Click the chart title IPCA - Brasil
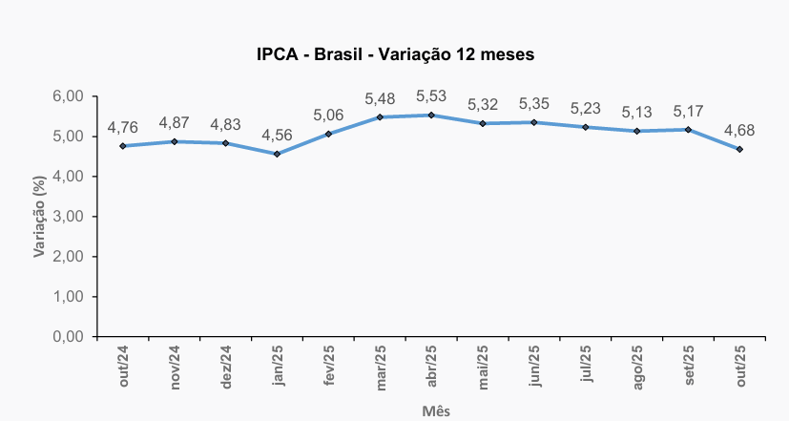[x=395, y=54]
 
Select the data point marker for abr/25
[x=431, y=116]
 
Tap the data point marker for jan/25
[x=277, y=154]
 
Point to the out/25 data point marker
[x=739, y=149]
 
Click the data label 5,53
[x=431, y=96]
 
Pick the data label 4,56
[x=277, y=135]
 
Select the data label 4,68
[x=739, y=130]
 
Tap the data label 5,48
[x=380, y=98]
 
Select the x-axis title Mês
[x=436, y=411]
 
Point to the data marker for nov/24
[x=175, y=141]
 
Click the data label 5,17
[x=688, y=111]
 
